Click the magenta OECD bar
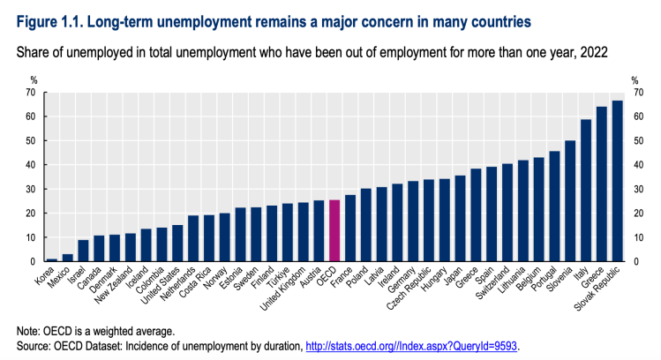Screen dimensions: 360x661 (x=334, y=231)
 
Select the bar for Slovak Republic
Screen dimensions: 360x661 (x=617, y=181)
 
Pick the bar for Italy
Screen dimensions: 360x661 (x=585, y=191)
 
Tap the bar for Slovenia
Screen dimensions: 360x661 (x=570, y=201)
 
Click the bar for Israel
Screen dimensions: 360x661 (x=83, y=251)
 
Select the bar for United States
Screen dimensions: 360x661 (x=177, y=244)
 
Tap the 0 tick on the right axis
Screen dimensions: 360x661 (x=636, y=262)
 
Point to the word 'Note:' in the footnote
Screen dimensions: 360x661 (x=33, y=328)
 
